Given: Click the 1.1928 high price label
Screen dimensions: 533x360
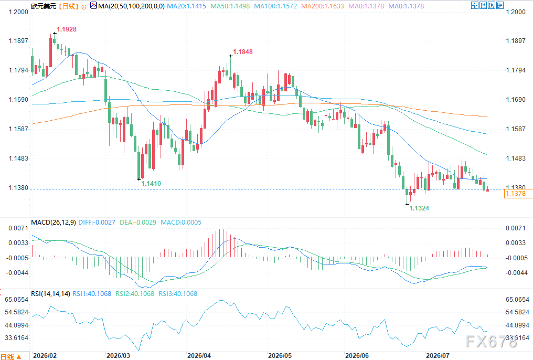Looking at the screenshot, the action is click(x=67, y=29).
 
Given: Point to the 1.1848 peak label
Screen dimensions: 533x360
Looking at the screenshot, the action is click(x=243, y=51).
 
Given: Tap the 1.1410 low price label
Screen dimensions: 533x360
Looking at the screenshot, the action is click(x=151, y=184).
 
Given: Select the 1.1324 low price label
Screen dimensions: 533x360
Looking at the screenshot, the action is click(x=419, y=208).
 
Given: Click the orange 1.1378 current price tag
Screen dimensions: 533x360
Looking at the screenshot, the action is click(x=518, y=194).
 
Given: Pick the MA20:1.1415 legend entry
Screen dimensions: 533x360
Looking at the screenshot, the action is click(x=187, y=6).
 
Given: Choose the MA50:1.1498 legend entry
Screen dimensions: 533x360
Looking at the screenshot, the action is click(x=230, y=6).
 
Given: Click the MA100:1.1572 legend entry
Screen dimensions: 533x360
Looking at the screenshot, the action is click(x=275, y=6).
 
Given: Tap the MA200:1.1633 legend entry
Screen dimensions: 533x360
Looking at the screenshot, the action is click(x=323, y=6).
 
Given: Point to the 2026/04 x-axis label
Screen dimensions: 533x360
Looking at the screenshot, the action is click(x=199, y=356).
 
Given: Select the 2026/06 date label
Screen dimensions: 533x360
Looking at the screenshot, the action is click(x=357, y=356).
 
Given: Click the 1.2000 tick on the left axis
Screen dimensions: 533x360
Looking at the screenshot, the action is click(x=18, y=12).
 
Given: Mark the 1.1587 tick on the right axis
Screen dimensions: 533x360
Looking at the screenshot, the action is click(x=516, y=129).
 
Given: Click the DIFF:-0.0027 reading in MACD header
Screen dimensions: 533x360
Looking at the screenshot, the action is click(x=97, y=223).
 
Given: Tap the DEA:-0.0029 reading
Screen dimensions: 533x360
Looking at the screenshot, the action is click(x=138, y=223).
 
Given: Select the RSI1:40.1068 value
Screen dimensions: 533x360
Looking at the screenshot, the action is click(x=92, y=294).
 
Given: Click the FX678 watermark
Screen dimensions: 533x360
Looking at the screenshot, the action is click(x=492, y=342).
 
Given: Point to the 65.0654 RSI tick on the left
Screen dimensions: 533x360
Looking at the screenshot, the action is click(x=17, y=300).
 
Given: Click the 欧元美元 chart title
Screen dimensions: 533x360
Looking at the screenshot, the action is click(x=44, y=6).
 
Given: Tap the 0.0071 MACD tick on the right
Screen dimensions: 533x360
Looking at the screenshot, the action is click(x=516, y=228).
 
